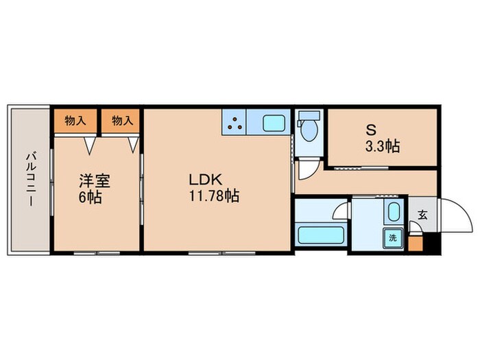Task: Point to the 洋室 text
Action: click(x=95, y=182)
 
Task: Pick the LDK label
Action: click(x=205, y=180)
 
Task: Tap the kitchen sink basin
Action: click(x=275, y=124)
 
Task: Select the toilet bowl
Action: click(x=308, y=130)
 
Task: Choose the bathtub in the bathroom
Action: click(x=320, y=235)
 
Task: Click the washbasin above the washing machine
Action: click(x=394, y=212)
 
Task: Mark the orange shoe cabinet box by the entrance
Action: click(x=416, y=243)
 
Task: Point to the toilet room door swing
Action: click(x=308, y=170)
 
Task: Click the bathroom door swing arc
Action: click(x=341, y=211)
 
